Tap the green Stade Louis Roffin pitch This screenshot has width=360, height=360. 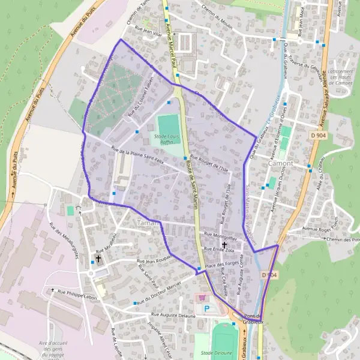point(168,124)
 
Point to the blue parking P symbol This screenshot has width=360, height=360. point(208,309)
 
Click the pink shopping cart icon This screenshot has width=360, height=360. point(202,297)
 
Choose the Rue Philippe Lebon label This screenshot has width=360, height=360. point(76,291)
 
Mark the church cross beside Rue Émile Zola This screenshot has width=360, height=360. point(224,245)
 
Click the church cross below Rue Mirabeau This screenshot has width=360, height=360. point(98,259)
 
